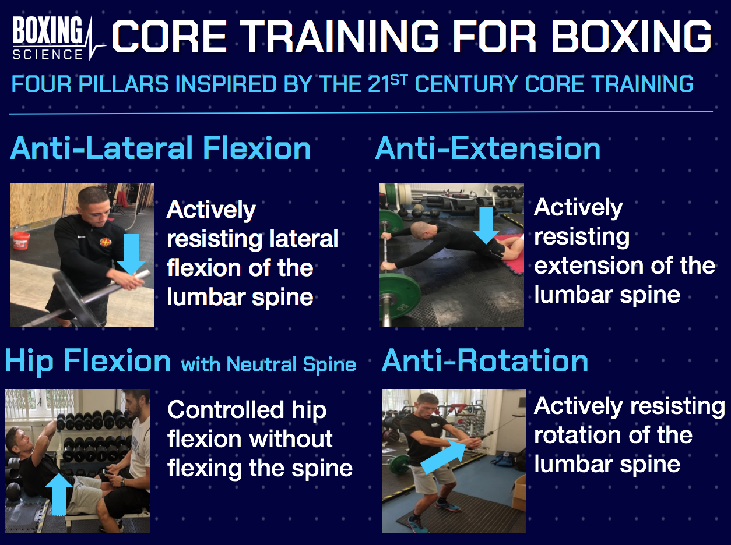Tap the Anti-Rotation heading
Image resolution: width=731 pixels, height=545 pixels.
pos(485,361)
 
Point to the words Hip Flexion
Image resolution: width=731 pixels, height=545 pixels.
pos(88,361)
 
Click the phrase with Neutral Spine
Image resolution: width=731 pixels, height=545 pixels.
pos(269,364)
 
